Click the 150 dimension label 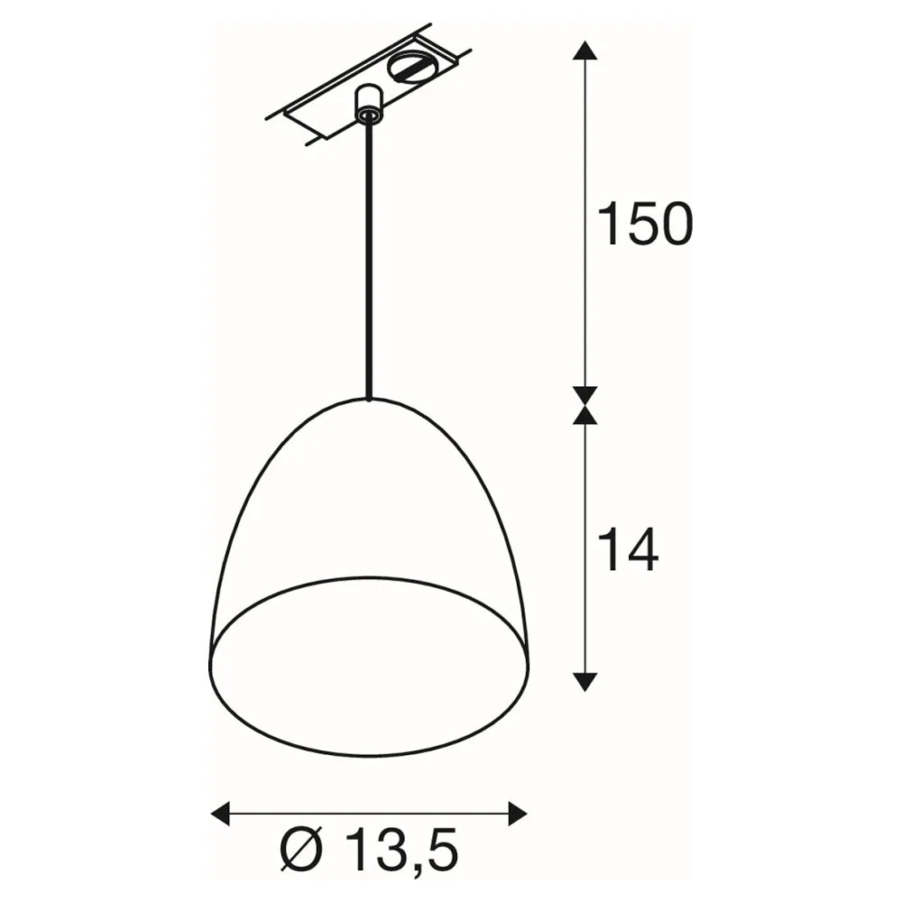[x=646, y=224]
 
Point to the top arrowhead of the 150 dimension [x=585, y=50]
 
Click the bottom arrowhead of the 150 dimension [x=585, y=396]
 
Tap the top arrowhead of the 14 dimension [x=585, y=415]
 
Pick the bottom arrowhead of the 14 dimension [x=585, y=682]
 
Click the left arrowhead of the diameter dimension [x=221, y=814]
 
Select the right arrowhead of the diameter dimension [x=518, y=814]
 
